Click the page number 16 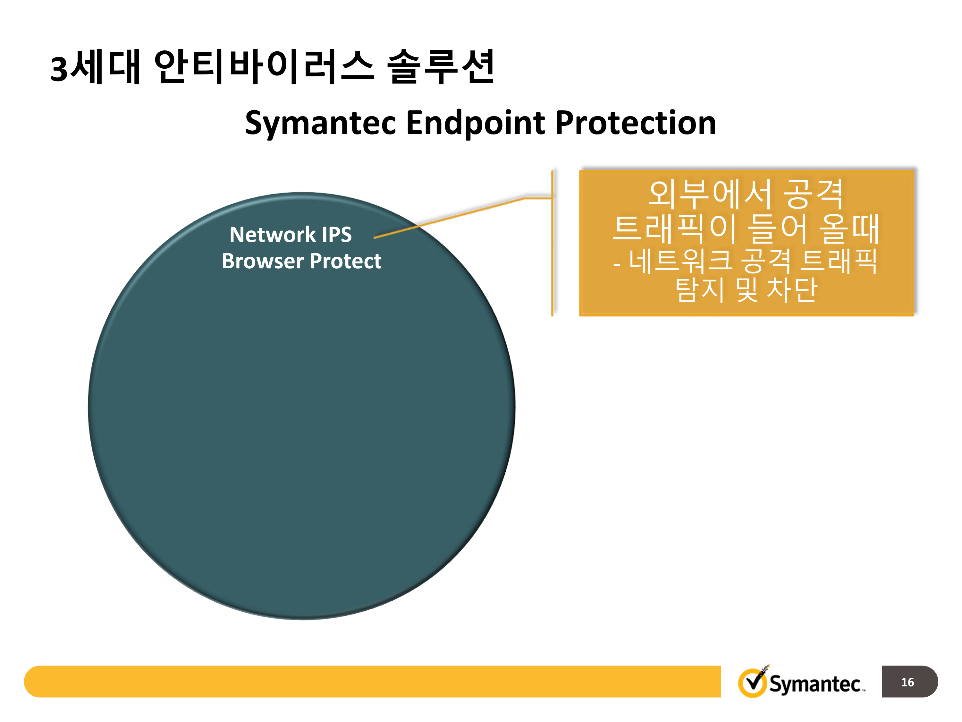[x=907, y=682]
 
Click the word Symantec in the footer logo [x=814, y=684]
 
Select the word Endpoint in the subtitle [x=475, y=123]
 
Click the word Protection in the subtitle [x=635, y=123]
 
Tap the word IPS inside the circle [x=337, y=235]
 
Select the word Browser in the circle [x=263, y=261]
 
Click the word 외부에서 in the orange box [x=710, y=194]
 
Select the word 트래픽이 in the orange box [x=674, y=228]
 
